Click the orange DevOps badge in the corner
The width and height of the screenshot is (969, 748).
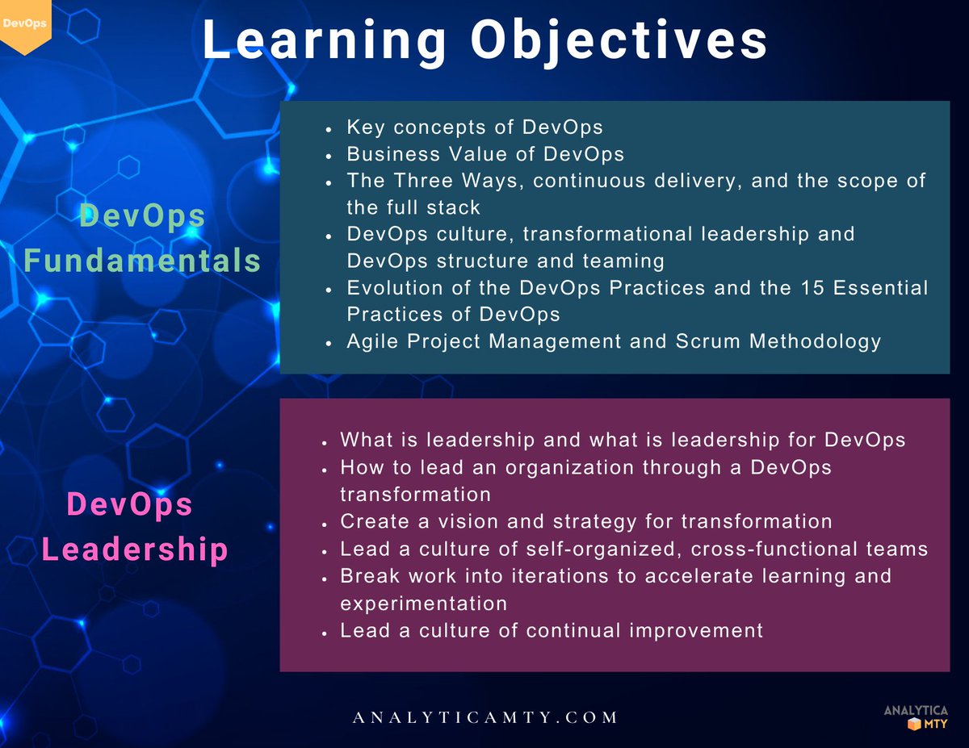point(24,24)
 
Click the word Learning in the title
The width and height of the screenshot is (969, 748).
point(323,40)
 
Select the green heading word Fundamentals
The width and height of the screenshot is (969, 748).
point(142,261)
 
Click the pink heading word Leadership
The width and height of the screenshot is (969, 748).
point(135,550)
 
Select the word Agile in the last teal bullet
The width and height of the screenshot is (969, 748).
point(374,341)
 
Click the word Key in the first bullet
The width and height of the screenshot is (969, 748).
point(362,127)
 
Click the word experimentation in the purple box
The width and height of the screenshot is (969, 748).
point(423,604)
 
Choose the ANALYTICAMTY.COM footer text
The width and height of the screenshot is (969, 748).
point(484,717)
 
